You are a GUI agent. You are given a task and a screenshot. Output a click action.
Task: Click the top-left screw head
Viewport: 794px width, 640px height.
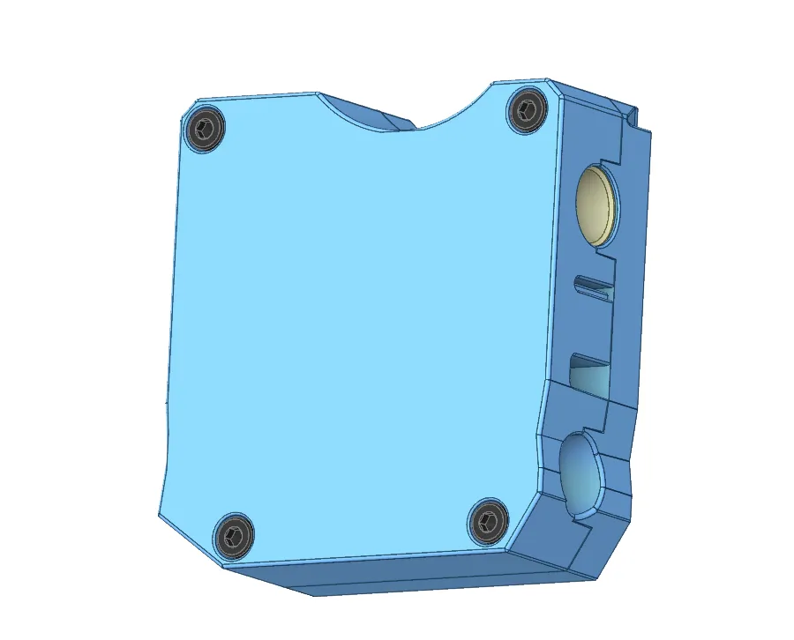click(x=205, y=130)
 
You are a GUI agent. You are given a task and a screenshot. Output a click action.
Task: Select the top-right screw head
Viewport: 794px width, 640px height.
click(x=527, y=110)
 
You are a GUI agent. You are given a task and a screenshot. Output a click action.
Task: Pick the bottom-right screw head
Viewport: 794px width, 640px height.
click(x=486, y=522)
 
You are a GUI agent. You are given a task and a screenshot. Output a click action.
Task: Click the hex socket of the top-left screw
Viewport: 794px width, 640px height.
click(x=205, y=130)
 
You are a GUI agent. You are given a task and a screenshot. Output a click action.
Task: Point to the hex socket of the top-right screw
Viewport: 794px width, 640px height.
click(x=527, y=110)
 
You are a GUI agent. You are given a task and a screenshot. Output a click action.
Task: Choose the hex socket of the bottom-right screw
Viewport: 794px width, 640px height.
click(x=486, y=522)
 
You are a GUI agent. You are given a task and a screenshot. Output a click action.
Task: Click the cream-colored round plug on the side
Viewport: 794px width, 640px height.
click(x=595, y=204)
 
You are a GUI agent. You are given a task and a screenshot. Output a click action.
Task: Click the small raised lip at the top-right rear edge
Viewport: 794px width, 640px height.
click(x=633, y=113)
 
